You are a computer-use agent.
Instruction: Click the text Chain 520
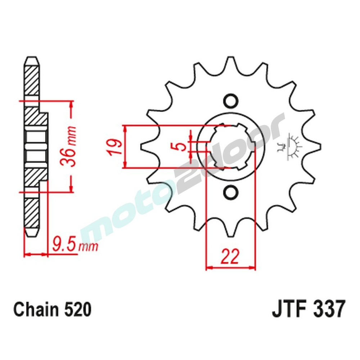[x=53, y=309]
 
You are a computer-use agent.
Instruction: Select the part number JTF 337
[x=309, y=309]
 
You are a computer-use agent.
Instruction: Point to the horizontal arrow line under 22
[x=230, y=268]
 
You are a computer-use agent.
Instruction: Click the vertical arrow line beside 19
[x=125, y=147]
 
